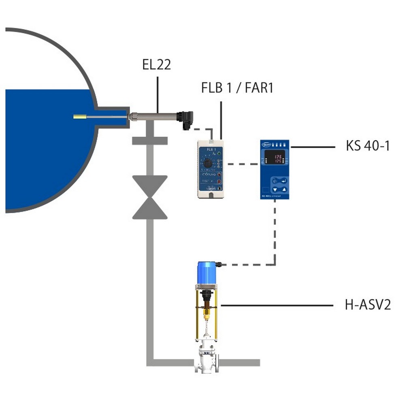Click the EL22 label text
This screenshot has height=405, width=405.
[x=157, y=65]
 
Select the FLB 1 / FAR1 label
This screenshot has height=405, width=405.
[x=237, y=88]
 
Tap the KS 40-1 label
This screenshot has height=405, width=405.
[x=368, y=145]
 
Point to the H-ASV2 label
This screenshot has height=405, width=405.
[x=368, y=305]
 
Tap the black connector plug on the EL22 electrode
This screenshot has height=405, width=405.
[x=186, y=119]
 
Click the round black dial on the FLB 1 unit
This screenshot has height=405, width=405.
[x=208, y=163]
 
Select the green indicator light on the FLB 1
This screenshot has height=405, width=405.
[x=219, y=153]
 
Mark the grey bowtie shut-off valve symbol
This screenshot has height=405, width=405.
[x=150, y=197]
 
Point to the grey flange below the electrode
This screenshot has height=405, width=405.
[x=150, y=141]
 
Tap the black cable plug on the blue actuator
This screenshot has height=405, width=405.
[x=219, y=264]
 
